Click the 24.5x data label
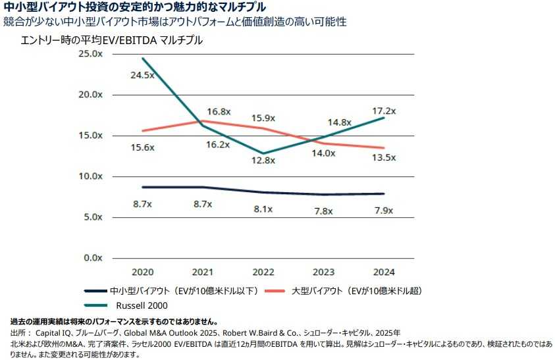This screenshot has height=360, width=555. pyautogui.click(x=142, y=75)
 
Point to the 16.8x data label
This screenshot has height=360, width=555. pyautogui.click(x=218, y=111)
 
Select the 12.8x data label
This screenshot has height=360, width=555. pyautogui.click(x=263, y=161)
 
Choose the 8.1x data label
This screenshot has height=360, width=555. pyautogui.click(x=263, y=211)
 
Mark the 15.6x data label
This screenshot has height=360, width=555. pyautogui.click(x=142, y=147)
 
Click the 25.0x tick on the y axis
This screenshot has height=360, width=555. pyautogui.click(x=91, y=53)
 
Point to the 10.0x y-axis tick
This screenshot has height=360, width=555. pyautogui.click(x=91, y=176)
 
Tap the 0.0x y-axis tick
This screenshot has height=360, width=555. pyautogui.click(x=93, y=258)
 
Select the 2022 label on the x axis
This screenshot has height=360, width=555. pyautogui.click(x=263, y=271)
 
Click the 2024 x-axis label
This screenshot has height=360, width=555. pyautogui.click(x=384, y=271)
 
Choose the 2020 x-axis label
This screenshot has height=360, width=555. pyautogui.click(x=142, y=271)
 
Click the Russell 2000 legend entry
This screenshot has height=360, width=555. pyautogui.click(x=142, y=305)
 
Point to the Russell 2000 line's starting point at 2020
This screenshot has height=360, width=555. pyautogui.click(x=142, y=59)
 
